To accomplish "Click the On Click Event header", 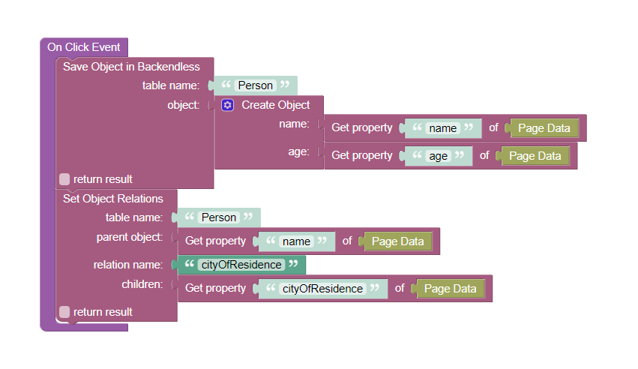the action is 84,47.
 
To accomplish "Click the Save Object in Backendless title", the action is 131,67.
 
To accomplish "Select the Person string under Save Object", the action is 255,85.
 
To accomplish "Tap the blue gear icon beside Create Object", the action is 227,105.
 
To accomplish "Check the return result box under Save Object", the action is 64,179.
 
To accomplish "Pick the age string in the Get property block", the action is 439,156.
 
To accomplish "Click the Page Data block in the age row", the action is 535,156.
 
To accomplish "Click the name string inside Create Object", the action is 442,128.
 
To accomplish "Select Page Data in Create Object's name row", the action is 544,128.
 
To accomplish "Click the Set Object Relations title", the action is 113,199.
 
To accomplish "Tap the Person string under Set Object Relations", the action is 218,217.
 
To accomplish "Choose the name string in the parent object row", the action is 296,241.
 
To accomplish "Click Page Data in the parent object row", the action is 397,241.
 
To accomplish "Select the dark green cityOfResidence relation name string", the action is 241,265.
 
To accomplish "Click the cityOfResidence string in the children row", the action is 322,289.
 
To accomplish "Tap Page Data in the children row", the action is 450,289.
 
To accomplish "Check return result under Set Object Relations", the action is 64,312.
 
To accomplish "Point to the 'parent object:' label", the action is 130,237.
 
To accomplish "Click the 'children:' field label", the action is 142,284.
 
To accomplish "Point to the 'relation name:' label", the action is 127,265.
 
